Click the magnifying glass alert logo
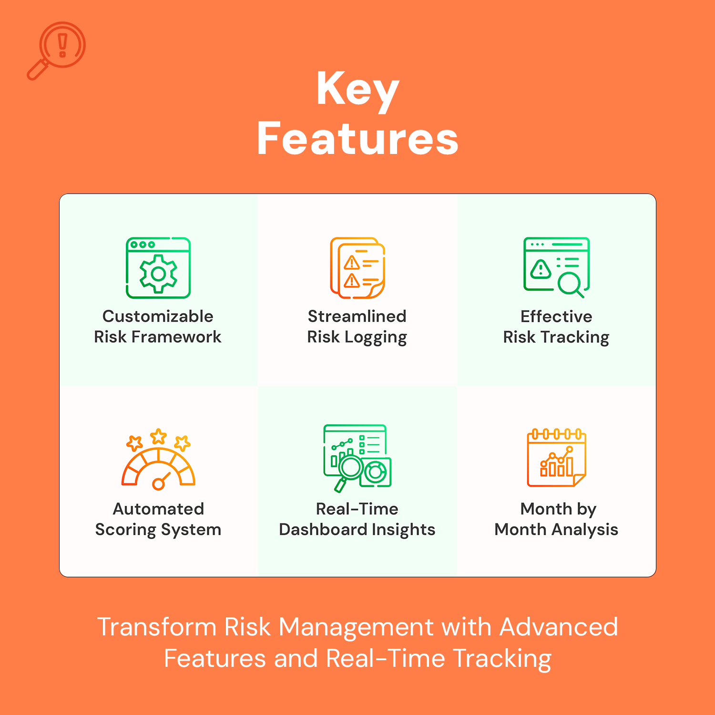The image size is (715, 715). (x=56, y=50)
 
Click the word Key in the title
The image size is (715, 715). (x=357, y=90)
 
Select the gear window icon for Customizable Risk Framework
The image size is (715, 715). (x=158, y=268)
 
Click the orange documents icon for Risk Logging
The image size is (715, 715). (x=357, y=268)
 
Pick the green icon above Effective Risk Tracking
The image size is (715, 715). (x=556, y=267)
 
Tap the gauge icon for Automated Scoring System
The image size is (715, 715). (x=158, y=460)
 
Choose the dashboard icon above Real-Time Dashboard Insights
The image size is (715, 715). (x=357, y=458)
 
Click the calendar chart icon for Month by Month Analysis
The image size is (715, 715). (x=556, y=458)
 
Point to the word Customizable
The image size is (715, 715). (x=158, y=316)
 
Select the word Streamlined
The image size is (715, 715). (x=357, y=316)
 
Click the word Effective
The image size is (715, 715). (x=556, y=316)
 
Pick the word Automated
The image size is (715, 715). (x=158, y=509)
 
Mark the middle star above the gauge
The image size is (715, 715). (x=158, y=436)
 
